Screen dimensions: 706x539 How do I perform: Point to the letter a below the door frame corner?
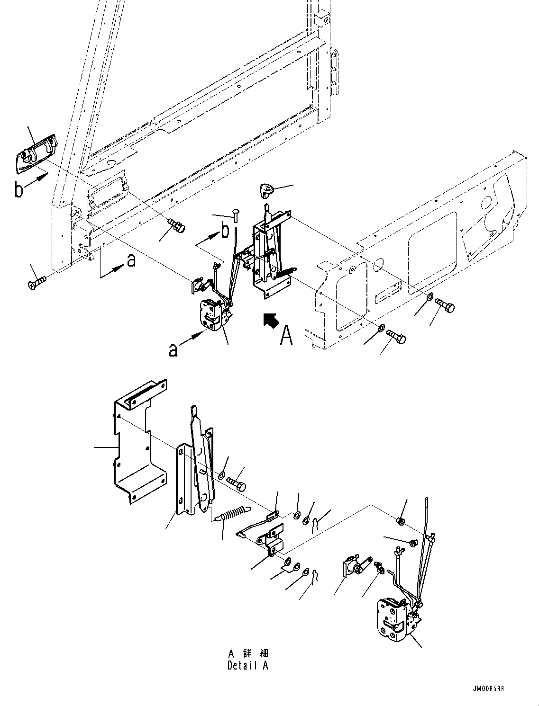coord(131,260)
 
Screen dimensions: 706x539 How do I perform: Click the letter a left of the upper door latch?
coord(174,349)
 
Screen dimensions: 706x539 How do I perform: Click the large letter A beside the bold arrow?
coord(286,336)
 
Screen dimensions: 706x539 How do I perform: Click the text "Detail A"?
coord(248,665)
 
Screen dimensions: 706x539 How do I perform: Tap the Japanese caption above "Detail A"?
coord(248,653)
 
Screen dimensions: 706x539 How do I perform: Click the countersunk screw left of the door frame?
coord(37,283)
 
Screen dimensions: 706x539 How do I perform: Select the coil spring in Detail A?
coord(233,514)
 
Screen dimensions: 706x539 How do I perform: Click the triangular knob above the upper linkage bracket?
coord(267,191)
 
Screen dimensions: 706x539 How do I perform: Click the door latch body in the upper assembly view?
coord(212,313)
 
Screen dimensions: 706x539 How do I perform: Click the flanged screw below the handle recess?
coord(177,225)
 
